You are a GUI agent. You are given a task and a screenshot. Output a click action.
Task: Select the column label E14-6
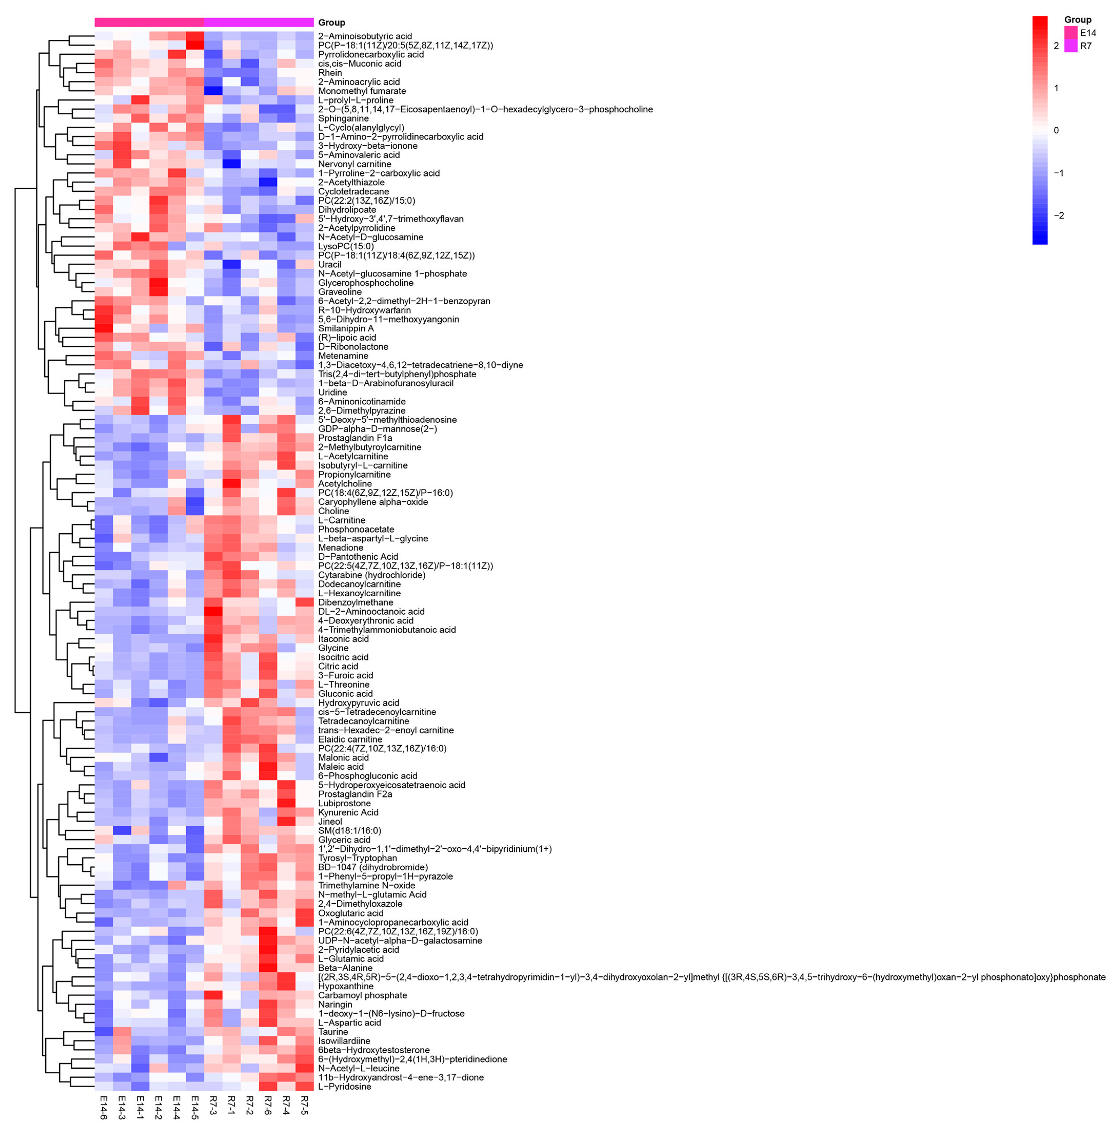pyautogui.click(x=104, y=1107)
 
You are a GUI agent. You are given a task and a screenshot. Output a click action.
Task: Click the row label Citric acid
pyautogui.click(x=338, y=666)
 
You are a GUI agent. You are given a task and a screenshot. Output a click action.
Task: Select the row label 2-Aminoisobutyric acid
pyautogui.click(x=365, y=36)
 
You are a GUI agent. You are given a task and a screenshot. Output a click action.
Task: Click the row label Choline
pyautogui.click(x=333, y=511)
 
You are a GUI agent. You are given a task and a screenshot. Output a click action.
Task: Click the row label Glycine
pyautogui.click(x=333, y=648)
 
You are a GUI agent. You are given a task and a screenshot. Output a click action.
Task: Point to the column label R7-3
pyautogui.click(x=213, y=1107)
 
